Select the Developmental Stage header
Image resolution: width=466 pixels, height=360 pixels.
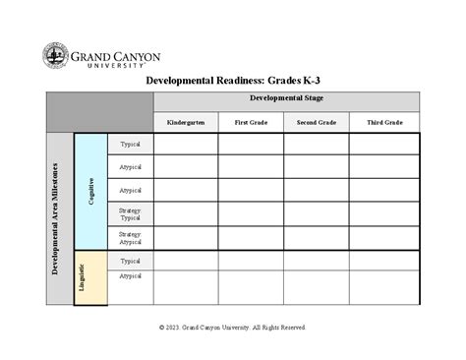286,99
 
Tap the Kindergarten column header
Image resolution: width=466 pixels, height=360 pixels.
185,122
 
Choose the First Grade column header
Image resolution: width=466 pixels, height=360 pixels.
251,122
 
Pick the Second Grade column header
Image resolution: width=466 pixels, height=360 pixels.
316,122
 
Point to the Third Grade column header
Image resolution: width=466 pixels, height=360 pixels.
384,122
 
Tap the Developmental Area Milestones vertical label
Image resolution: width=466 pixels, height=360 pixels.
57,218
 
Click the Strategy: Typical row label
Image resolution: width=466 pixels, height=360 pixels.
131,213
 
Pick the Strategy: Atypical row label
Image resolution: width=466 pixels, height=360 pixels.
131,237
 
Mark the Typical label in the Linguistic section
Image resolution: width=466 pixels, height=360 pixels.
131,261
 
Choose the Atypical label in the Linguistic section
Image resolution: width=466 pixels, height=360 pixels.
131,276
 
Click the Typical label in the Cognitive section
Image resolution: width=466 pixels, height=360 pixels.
131,144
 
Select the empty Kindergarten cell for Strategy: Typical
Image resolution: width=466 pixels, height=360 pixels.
185,213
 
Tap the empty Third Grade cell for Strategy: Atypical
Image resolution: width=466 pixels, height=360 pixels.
384,237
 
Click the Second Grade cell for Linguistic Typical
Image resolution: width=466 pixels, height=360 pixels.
316,261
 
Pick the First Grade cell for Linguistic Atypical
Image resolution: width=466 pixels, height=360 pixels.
251,287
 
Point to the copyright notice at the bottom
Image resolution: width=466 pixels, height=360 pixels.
232,327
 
